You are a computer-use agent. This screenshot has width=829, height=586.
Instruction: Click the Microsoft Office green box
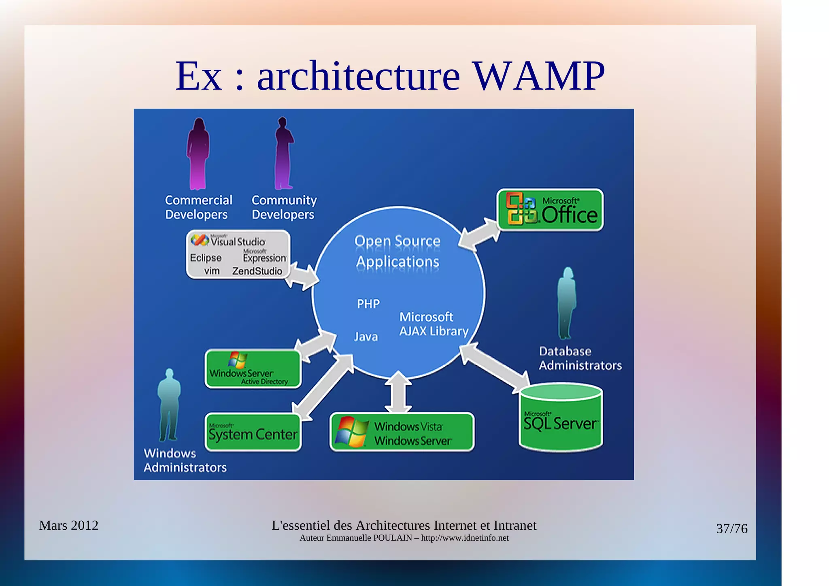coord(550,210)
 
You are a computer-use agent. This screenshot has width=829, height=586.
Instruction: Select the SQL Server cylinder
coord(561,419)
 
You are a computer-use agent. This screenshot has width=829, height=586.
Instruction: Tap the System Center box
coord(253,432)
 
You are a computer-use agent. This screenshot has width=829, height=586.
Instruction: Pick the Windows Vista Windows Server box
coord(402,432)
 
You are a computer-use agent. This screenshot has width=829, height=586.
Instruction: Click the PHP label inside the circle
coord(368,304)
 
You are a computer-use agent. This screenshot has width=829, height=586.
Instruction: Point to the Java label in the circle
coord(366,337)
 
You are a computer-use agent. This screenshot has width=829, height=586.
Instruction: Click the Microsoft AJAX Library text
coord(433,324)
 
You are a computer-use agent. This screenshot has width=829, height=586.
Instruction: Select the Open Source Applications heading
coord(397,251)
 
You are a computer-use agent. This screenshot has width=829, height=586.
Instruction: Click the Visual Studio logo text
coord(238,242)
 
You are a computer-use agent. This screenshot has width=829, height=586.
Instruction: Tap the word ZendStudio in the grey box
coord(257,271)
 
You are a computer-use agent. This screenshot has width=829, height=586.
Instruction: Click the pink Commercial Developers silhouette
coord(198,154)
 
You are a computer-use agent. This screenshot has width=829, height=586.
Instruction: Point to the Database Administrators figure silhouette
coord(567,304)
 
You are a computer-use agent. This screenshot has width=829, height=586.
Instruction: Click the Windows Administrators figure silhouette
coord(168,405)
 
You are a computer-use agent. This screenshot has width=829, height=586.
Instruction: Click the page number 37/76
coord(731,529)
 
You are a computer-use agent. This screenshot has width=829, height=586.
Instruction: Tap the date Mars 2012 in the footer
coord(68,525)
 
